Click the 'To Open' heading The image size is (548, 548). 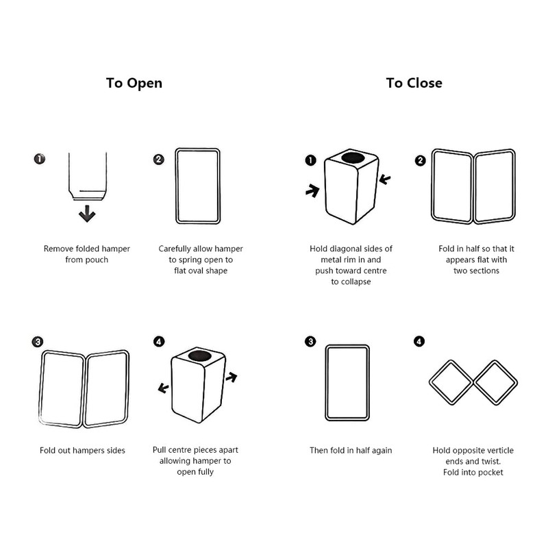click(134, 83)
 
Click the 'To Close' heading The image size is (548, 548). click(414, 83)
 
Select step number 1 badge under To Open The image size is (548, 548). click(40, 159)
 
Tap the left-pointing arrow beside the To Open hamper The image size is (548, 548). click(164, 388)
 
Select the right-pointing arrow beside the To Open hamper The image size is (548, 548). click(232, 377)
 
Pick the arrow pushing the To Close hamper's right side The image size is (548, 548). click(386, 180)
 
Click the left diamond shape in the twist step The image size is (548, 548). click(449, 382)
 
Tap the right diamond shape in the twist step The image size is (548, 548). click(496, 382)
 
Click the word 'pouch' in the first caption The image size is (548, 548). click(98, 260)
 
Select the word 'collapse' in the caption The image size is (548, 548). click(351, 282)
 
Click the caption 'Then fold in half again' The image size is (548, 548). click(351, 451)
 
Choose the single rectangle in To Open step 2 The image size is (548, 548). click(199, 185)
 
